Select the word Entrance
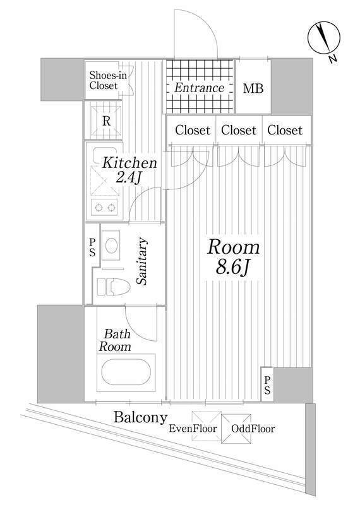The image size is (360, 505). pyautogui.click(x=200, y=88)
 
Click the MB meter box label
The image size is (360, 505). pyautogui.click(x=254, y=88)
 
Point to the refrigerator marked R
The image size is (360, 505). pyautogui.click(x=107, y=120)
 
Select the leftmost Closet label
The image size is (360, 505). pyautogui.click(x=192, y=131)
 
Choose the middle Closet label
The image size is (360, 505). pyautogui.click(x=239, y=131)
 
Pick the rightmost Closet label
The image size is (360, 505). pyautogui.click(x=284, y=131)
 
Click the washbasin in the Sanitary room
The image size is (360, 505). pyautogui.click(x=113, y=244)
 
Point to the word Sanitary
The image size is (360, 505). pyautogui.click(x=142, y=261)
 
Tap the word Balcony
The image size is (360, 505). pyautogui.click(x=140, y=417)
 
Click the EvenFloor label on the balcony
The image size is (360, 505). pyautogui.click(x=193, y=430)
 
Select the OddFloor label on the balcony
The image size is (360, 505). pyautogui.click(x=253, y=430)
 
